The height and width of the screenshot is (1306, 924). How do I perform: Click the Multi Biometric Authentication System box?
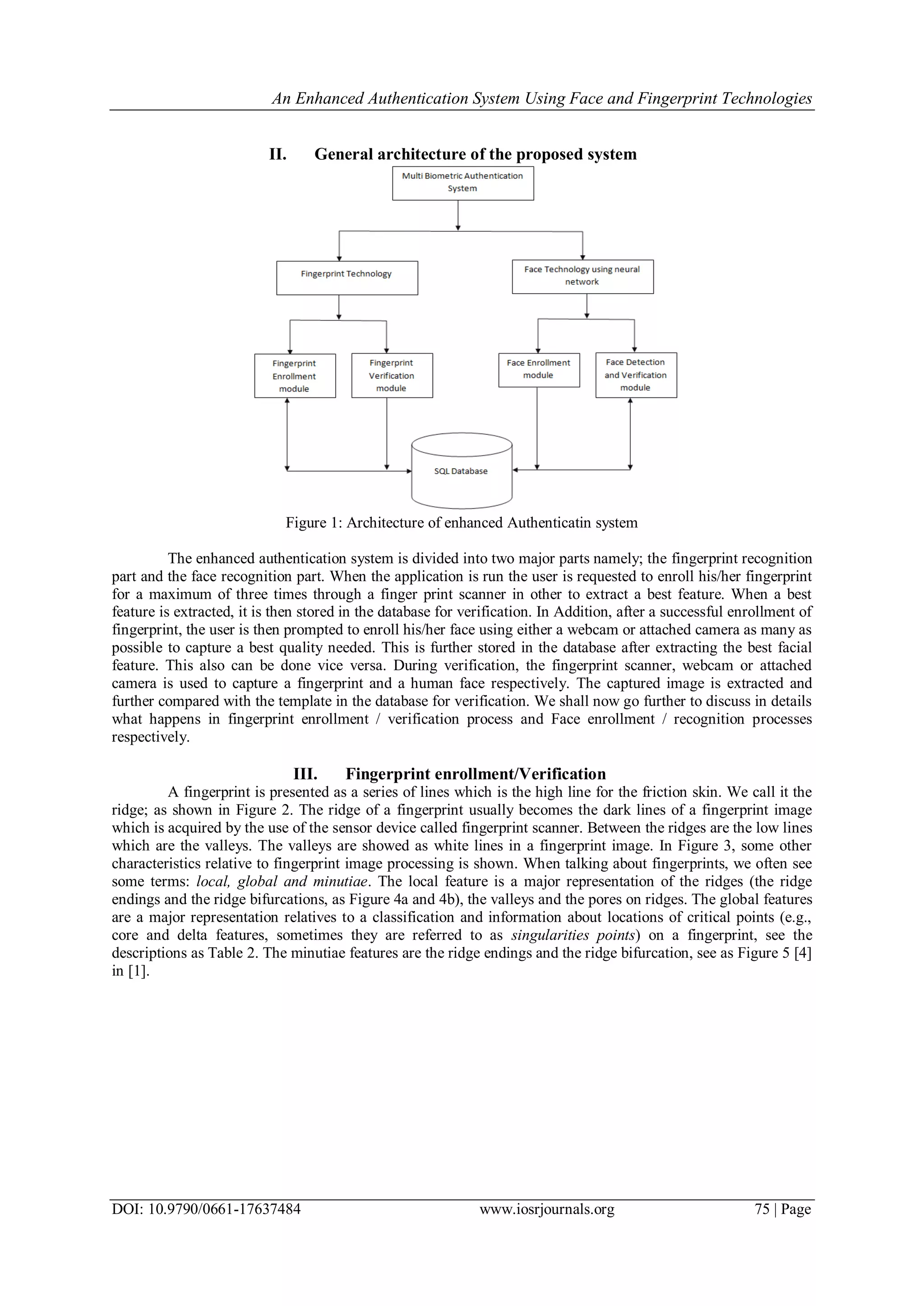462,183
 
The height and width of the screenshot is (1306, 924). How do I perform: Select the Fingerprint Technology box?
346,277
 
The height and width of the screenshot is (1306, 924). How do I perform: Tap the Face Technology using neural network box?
582,277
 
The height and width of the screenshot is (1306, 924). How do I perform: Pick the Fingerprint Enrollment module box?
295,375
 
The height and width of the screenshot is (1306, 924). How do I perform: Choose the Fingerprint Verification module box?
392,375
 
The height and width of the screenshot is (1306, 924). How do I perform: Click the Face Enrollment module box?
539,370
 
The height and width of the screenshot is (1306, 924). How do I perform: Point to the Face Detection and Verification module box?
636,375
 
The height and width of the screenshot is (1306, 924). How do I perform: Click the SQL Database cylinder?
462,471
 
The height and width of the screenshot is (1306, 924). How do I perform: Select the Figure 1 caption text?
462,523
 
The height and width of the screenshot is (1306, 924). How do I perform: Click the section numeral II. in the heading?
277,154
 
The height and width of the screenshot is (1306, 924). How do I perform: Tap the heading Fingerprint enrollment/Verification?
476,774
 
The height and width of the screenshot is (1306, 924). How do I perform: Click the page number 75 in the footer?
762,1209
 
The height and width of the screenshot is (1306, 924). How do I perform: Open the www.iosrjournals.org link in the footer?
547,1209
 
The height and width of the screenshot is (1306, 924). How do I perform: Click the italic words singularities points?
573,935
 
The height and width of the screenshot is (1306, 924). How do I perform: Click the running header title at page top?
542,98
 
